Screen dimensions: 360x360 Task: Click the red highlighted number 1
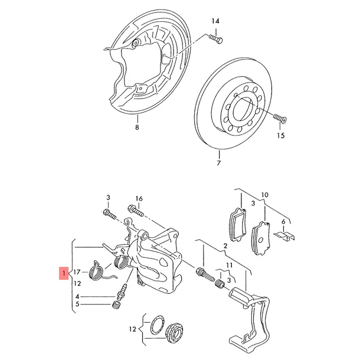click(x=64, y=273)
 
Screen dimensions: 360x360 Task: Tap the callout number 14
click(x=215, y=21)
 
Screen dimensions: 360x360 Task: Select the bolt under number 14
click(x=215, y=39)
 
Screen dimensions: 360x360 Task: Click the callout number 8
click(x=137, y=127)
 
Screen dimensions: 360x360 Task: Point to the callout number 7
click(x=219, y=163)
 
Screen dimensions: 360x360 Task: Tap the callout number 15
click(x=281, y=136)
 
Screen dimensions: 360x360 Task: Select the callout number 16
click(x=139, y=198)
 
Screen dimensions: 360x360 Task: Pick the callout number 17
click(x=77, y=272)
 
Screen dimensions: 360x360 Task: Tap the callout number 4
click(x=77, y=297)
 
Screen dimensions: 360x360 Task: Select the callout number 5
click(x=77, y=304)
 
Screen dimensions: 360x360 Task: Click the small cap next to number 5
click(x=116, y=305)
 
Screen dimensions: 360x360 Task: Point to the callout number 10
click(x=265, y=195)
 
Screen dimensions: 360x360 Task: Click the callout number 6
click(x=283, y=222)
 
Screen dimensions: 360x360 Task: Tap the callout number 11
click(x=230, y=266)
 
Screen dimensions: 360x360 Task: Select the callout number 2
click(x=225, y=246)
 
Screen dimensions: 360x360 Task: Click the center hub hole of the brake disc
click(x=242, y=109)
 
